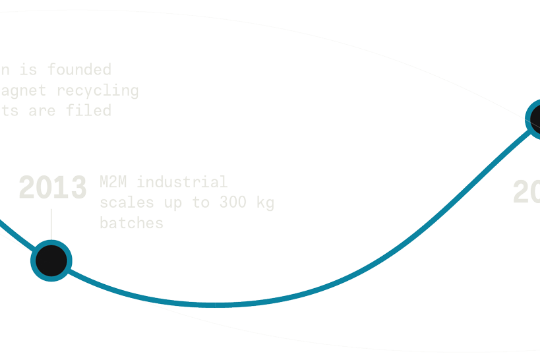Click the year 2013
53,187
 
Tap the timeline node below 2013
51,260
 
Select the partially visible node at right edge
535,119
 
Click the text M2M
113,181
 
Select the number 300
229,202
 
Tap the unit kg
265,203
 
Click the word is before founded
28,69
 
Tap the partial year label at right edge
527,193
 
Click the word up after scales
173,203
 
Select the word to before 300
201,202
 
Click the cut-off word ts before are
9,111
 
